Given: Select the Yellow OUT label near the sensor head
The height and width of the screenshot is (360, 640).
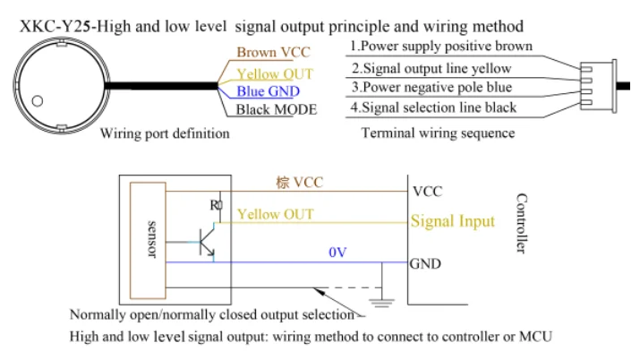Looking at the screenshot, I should tap(275, 73).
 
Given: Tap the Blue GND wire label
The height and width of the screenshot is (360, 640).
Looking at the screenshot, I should tap(268, 91).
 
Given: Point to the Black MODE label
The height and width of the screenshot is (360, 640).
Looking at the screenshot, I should tap(276, 110).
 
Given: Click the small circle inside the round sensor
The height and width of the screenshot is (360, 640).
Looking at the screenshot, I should tap(37, 100).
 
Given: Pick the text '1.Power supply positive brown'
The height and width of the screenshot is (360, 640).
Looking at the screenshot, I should tap(441, 46).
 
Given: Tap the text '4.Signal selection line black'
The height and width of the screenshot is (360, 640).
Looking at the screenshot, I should tap(433, 108).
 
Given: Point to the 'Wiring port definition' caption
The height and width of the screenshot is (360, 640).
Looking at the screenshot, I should tap(165, 134).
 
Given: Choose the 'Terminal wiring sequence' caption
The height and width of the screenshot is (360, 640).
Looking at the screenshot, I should tap(437, 134).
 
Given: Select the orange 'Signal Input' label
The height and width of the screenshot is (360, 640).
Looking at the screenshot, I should tap(452, 221).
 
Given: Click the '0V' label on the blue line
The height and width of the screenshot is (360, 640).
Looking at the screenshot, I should tap(337, 253).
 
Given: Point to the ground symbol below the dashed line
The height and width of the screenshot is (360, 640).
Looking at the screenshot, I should tap(383, 302).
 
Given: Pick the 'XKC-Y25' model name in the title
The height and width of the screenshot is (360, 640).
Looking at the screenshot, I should tap(55, 27).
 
